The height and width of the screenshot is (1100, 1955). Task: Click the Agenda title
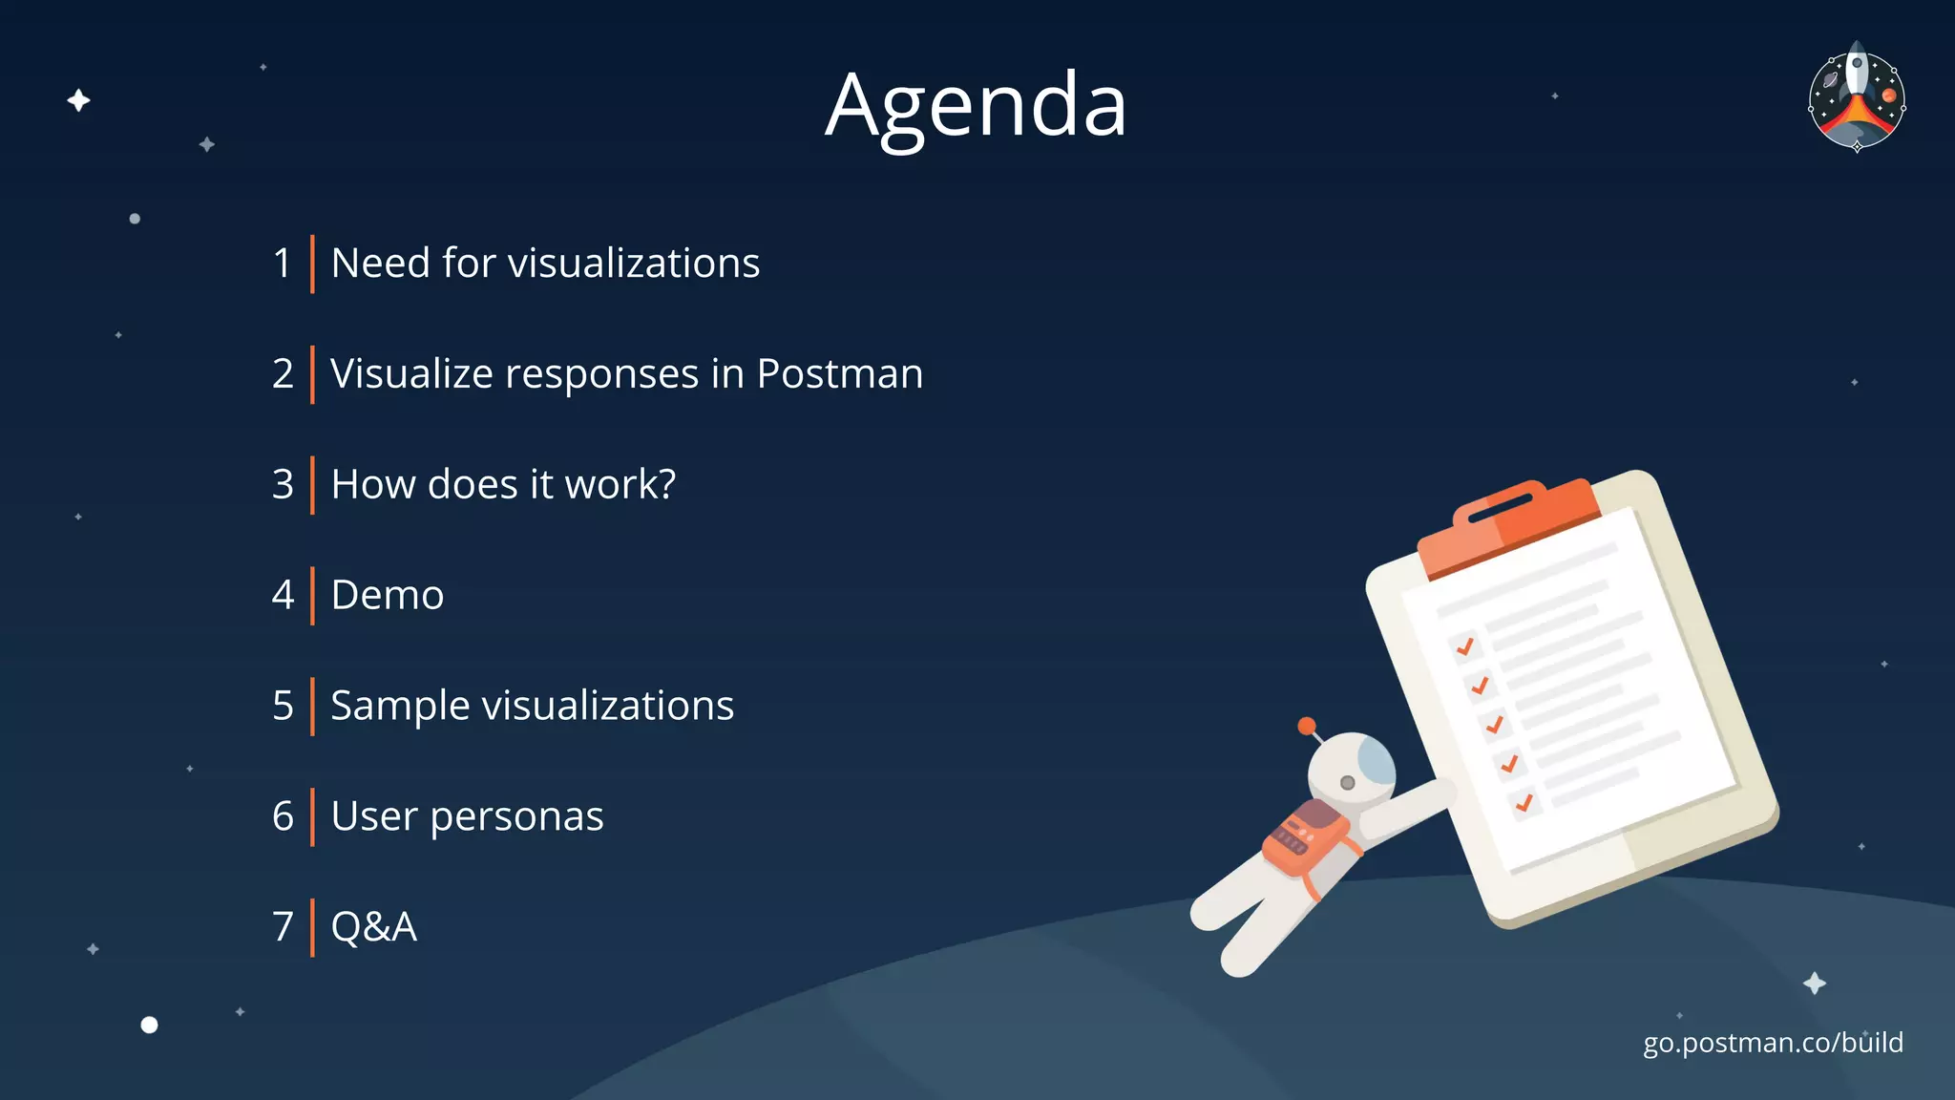coord(976,105)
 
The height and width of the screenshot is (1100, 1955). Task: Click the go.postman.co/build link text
coord(1773,1042)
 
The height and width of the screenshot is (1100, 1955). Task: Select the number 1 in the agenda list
coord(282,264)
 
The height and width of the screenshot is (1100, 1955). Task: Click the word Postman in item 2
coord(839,373)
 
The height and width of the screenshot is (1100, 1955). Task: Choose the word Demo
coord(387,595)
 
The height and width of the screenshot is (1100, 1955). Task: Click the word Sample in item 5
coord(400,707)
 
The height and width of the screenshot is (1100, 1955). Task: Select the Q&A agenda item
coord(373,926)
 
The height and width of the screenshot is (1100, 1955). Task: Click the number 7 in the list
coord(283,926)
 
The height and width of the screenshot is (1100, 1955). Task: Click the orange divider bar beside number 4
coord(312,595)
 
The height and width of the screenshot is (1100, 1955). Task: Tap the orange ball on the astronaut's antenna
coord(1307,726)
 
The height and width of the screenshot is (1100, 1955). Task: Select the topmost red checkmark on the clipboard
coord(1465,646)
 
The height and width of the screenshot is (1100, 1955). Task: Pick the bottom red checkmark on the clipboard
coord(1524,802)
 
